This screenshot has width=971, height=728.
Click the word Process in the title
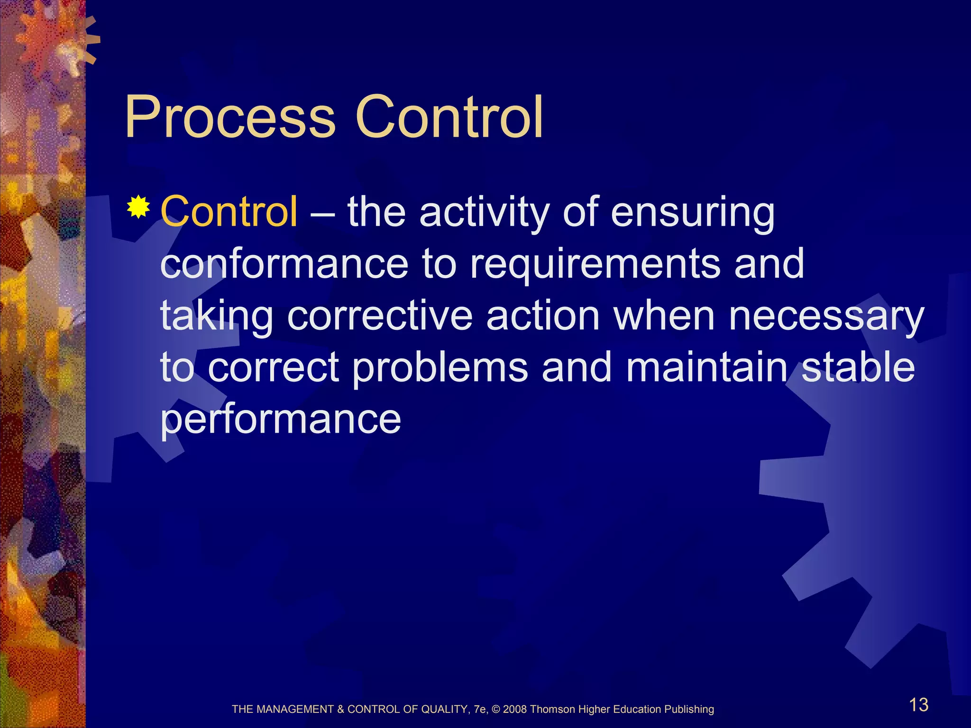click(x=230, y=118)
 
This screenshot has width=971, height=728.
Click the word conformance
click(x=284, y=264)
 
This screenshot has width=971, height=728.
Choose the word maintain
click(x=706, y=368)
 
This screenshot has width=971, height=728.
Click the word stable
click(x=858, y=368)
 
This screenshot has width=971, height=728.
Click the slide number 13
click(x=918, y=705)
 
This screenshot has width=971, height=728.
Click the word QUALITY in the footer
click(x=445, y=710)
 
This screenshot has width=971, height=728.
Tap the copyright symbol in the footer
click(x=496, y=710)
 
